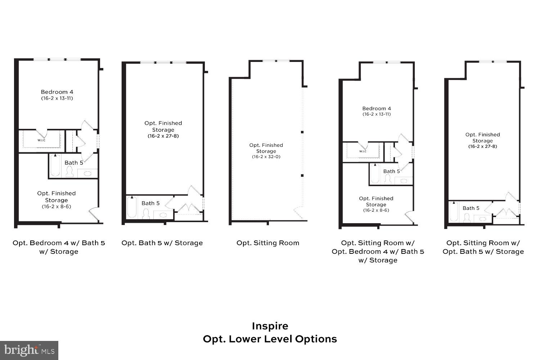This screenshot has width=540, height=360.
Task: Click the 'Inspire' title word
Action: tap(270, 326)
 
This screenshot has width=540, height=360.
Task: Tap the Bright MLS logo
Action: tap(29, 350)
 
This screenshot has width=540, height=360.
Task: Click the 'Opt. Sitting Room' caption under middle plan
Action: tap(268, 243)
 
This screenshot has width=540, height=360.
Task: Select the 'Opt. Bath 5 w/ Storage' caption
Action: tap(162, 243)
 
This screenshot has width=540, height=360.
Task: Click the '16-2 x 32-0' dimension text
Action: tap(267, 157)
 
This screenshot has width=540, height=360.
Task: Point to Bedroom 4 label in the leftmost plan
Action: tap(57, 92)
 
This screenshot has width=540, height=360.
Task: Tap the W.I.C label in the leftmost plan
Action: tap(41, 140)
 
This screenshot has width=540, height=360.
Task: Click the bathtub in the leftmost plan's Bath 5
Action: tap(55, 166)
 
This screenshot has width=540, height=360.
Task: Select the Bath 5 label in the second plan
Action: tap(150, 203)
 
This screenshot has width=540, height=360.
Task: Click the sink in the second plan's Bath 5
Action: tap(163, 215)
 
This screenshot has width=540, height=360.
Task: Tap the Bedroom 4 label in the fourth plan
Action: tap(377, 109)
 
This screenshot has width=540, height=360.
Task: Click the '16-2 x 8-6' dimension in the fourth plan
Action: tap(376, 210)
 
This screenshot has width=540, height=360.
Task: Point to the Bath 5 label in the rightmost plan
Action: tap(471, 208)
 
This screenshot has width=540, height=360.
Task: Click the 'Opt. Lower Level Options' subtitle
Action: tap(270, 339)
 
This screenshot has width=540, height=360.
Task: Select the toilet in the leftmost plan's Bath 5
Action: tap(69, 173)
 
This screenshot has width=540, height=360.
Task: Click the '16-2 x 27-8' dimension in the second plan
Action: tap(163, 136)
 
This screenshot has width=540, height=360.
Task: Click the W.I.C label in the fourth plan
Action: tap(363, 151)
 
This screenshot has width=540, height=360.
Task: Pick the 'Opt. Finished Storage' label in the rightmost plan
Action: tap(482, 138)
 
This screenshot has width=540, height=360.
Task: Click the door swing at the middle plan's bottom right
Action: tap(299, 212)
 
